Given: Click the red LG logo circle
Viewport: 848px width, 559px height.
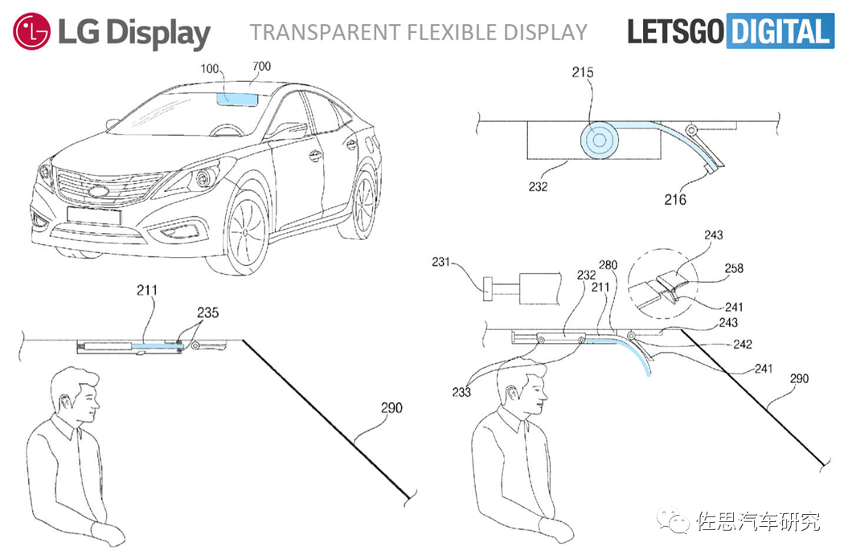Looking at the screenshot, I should [x=30, y=31].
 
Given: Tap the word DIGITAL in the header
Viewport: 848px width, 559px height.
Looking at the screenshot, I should [x=780, y=31].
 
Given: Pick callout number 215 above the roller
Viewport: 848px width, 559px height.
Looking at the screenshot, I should [x=582, y=73].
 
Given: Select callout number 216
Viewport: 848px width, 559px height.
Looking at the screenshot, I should [x=675, y=198].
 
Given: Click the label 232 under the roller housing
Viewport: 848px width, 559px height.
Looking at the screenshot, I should [x=538, y=187].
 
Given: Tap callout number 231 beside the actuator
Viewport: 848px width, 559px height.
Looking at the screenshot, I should [x=443, y=263].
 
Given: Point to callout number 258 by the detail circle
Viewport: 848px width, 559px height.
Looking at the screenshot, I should [x=734, y=268].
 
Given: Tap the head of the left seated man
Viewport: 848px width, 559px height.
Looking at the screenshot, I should [x=73, y=395].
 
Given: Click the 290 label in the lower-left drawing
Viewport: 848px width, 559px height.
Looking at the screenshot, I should [x=391, y=408].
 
